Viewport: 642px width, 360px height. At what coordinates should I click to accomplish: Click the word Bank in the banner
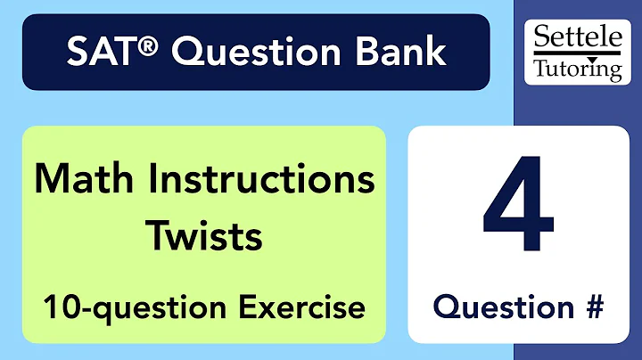(x=399, y=53)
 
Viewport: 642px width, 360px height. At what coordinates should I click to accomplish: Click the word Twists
(x=204, y=235)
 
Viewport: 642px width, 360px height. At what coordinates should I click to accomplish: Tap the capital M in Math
(x=50, y=180)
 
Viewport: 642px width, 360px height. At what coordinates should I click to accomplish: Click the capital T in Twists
(x=157, y=235)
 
